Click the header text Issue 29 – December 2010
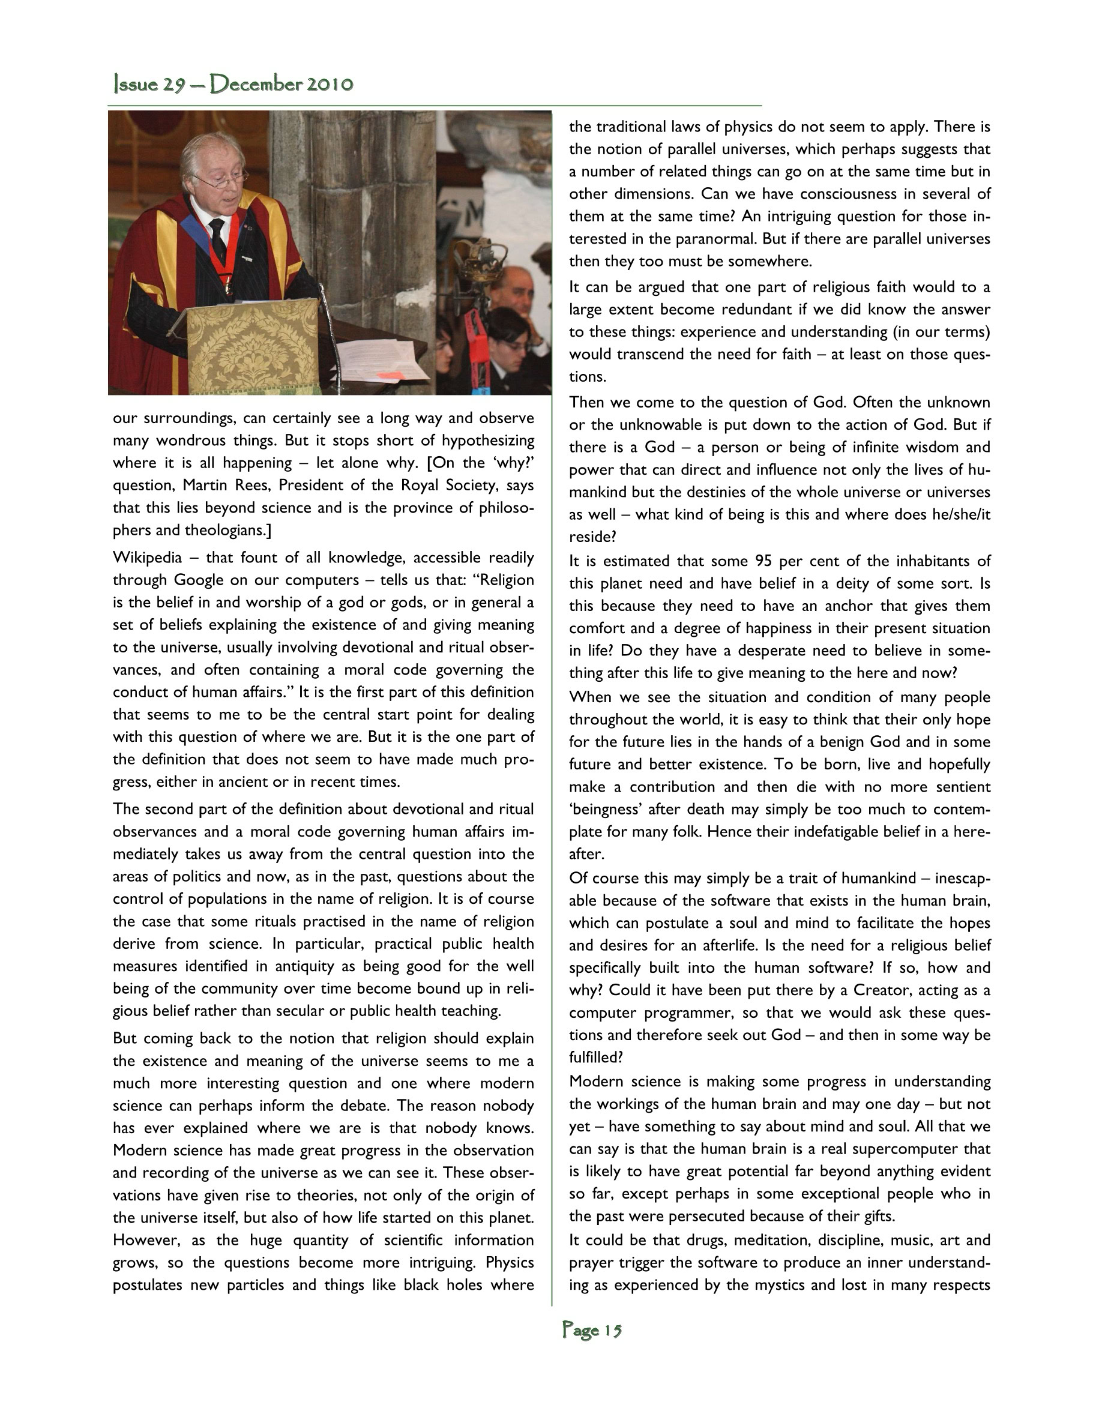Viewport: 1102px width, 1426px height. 233,84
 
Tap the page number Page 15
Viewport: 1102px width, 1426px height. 591,1330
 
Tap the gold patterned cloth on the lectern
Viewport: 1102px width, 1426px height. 254,346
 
